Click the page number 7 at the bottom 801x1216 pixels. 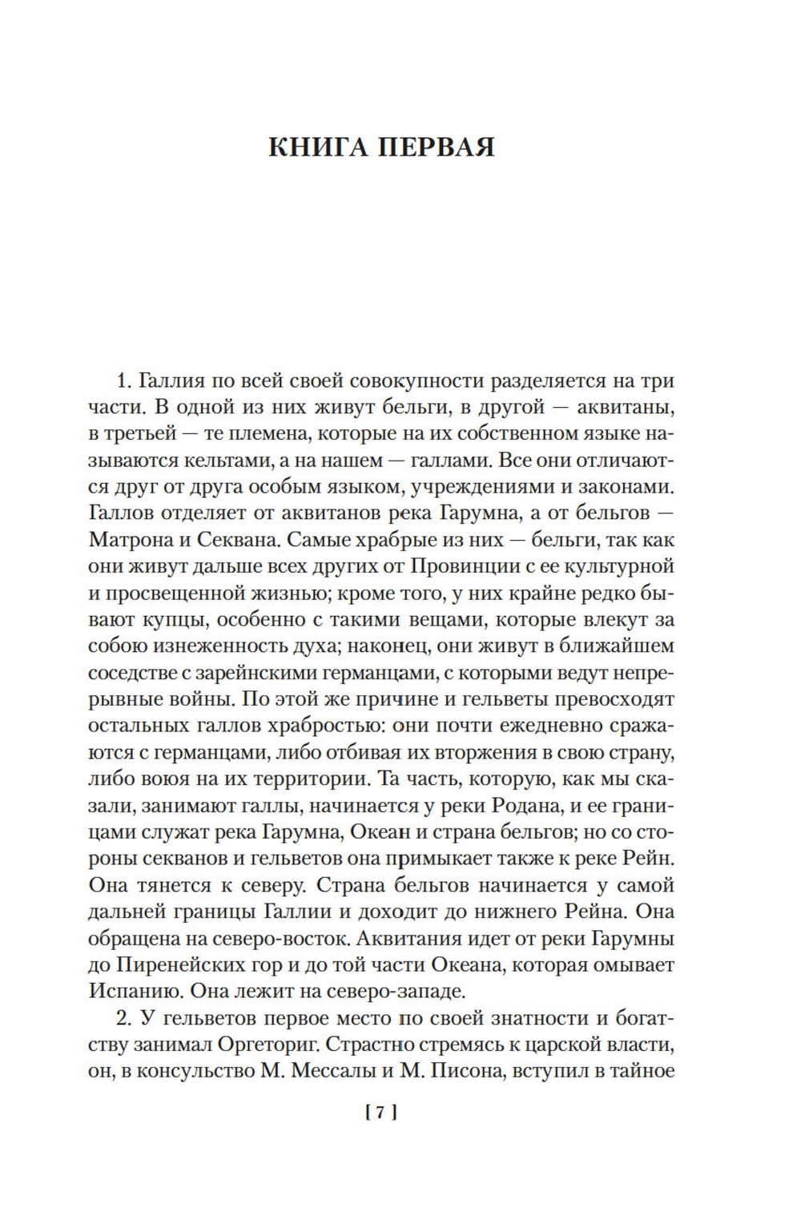click(x=381, y=1111)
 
